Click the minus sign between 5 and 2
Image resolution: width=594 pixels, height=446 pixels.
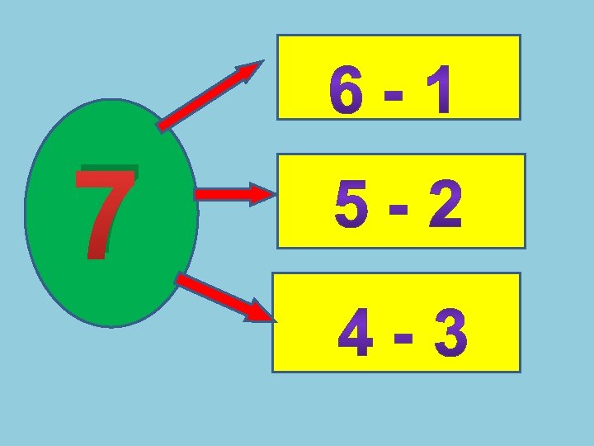coord(398,211)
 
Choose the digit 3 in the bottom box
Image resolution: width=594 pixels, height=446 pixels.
coord(448,335)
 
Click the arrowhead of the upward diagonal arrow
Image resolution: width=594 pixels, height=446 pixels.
coord(251,73)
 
